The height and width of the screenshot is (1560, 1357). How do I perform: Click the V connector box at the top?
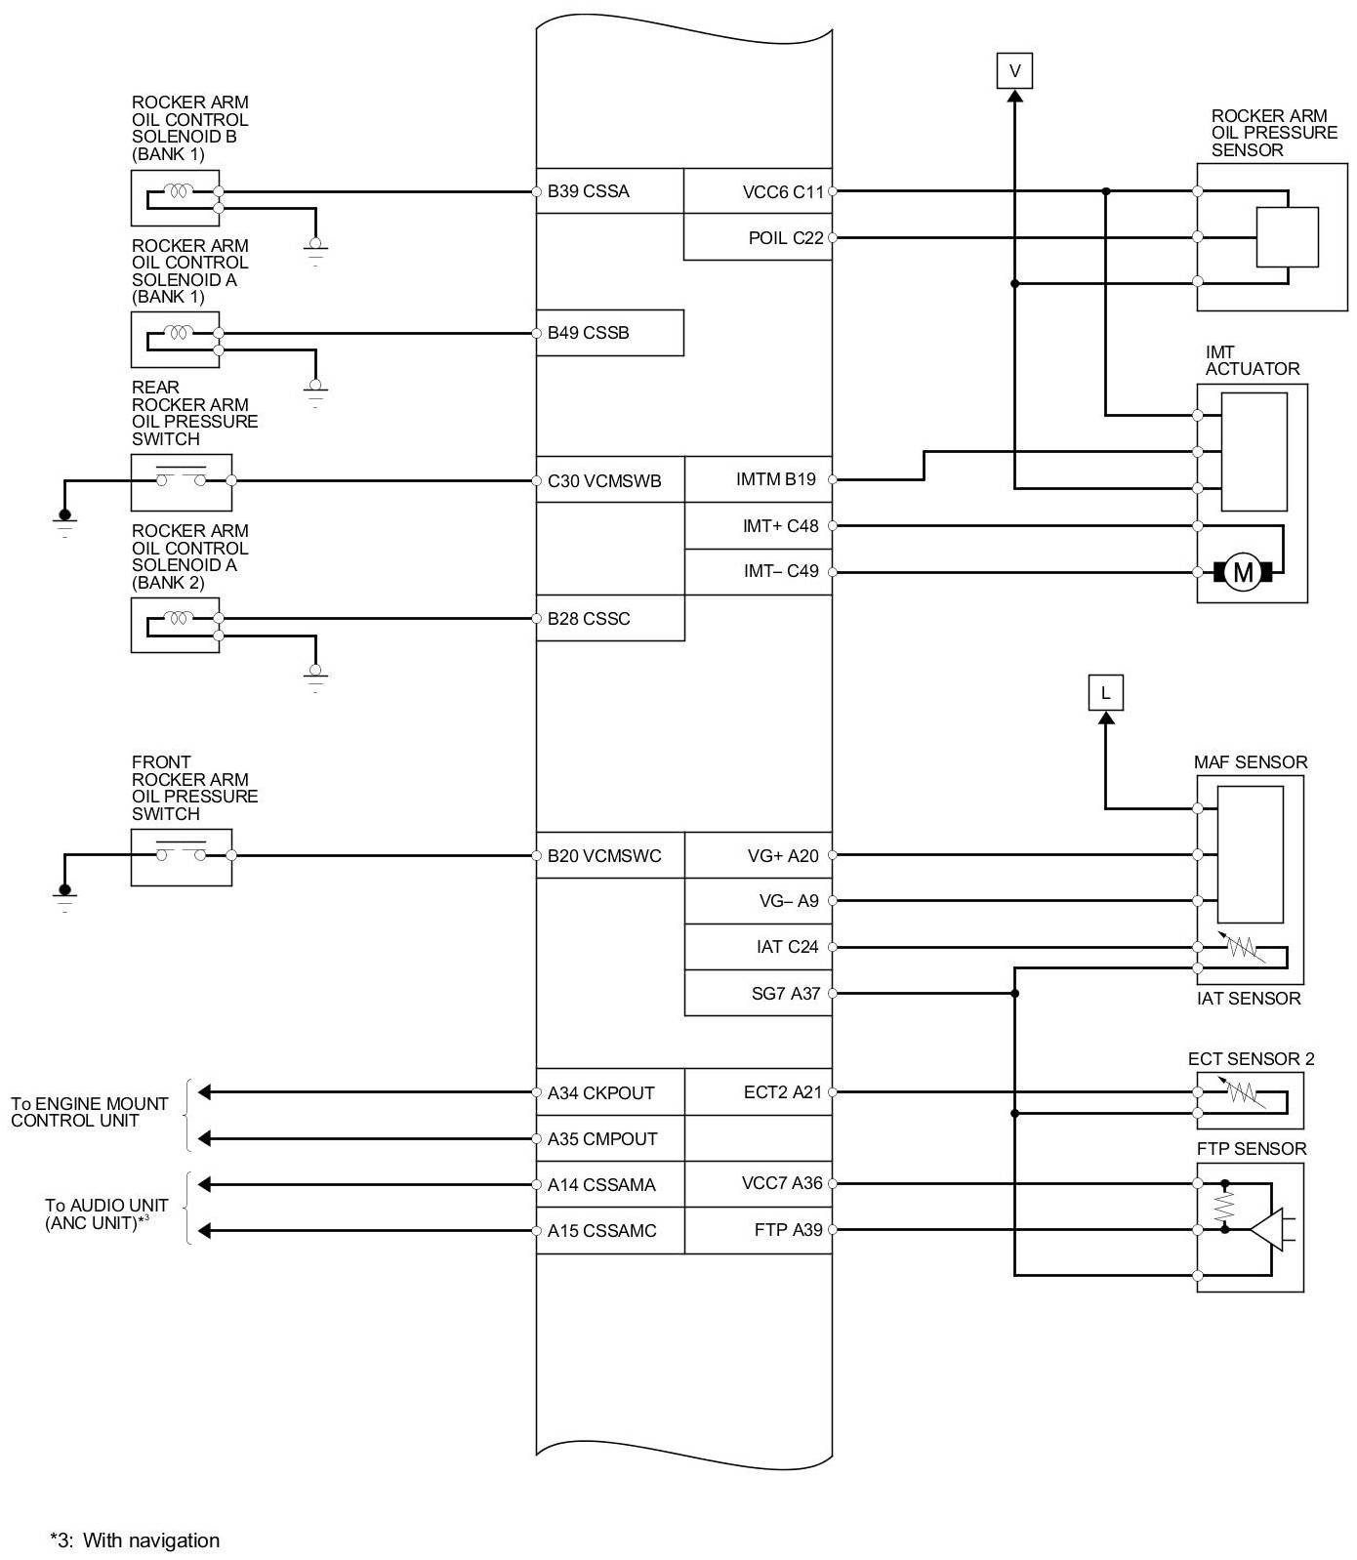(x=1014, y=71)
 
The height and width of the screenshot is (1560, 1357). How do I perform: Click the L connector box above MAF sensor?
(x=1105, y=693)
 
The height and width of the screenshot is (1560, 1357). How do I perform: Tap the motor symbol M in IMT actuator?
(x=1243, y=572)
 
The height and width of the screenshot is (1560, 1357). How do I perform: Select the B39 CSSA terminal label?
(x=588, y=191)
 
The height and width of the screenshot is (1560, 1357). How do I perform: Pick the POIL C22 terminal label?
(x=786, y=238)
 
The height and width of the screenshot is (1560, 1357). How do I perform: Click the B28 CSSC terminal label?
(x=588, y=619)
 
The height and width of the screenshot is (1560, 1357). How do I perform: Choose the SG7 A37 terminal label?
(x=786, y=994)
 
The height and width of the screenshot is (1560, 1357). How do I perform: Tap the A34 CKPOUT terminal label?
(x=600, y=1093)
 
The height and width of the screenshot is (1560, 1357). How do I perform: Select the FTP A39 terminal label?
(x=788, y=1230)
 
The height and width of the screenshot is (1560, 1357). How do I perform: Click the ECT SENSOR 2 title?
(x=1251, y=1059)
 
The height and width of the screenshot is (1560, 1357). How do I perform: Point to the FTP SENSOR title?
(x=1251, y=1149)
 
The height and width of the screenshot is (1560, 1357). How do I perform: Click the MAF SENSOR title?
(x=1250, y=762)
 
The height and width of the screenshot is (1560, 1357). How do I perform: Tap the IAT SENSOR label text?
(x=1249, y=999)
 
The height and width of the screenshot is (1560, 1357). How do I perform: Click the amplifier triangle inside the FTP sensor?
(x=1266, y=1229)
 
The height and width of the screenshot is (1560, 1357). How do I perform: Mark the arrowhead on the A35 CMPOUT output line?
(x=205, y=1139)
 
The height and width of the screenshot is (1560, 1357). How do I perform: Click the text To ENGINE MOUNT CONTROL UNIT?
(x=89, y=1112)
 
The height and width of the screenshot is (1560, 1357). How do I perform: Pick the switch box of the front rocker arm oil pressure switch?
(x=182, y=857)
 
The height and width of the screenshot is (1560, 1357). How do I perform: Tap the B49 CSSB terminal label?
(x=588, y=333)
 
